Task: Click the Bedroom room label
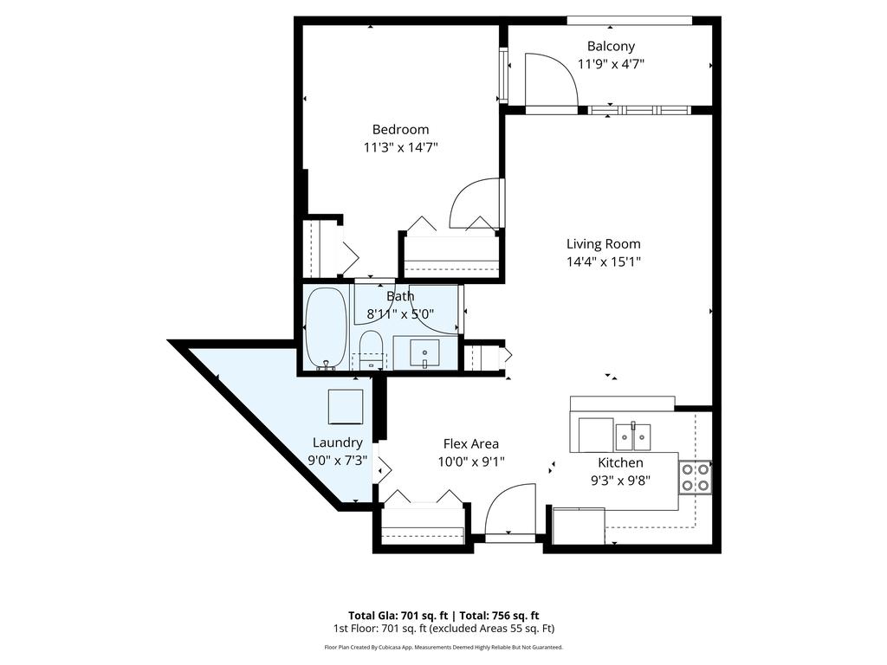(x=400, y=129)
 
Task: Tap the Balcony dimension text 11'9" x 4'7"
(x=611, y=63)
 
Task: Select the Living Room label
(x=603, y=244)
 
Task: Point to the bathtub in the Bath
(x=326, y=327)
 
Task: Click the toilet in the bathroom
(x=372, y=348)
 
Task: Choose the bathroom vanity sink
(x=424, y=354)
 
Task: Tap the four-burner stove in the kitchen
(x=696, y=477)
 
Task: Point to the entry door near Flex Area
(x=511, y=513)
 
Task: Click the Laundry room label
(x=337, y=442)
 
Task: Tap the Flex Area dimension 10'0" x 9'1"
(x=471, y=462)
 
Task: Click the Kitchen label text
(x=620, y=463)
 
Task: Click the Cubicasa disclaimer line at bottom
(x=443, y=647)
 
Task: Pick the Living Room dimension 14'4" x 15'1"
(x=603, y=261)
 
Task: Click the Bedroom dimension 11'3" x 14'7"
(x=400, y=147)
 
